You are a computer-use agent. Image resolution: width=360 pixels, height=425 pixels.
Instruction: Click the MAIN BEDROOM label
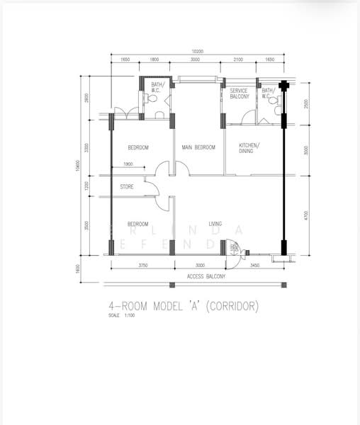coord(198,147)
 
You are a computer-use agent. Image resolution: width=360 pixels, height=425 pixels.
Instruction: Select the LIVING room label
coord(215,224)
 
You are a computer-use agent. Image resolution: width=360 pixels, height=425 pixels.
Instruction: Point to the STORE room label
coord(127,187)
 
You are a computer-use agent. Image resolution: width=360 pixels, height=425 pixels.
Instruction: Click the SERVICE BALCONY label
coord(239,93)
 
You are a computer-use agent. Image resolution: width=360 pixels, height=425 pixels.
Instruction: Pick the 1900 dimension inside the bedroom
coord(128,164)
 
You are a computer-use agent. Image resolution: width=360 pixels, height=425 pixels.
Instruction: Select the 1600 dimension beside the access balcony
coord(77,271)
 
